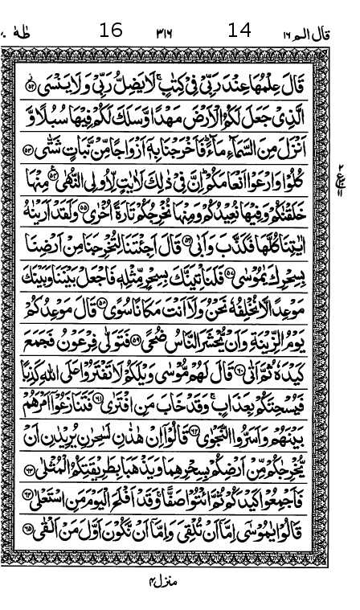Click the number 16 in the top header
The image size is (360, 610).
point(111,31)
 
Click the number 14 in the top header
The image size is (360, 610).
point(239,31)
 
